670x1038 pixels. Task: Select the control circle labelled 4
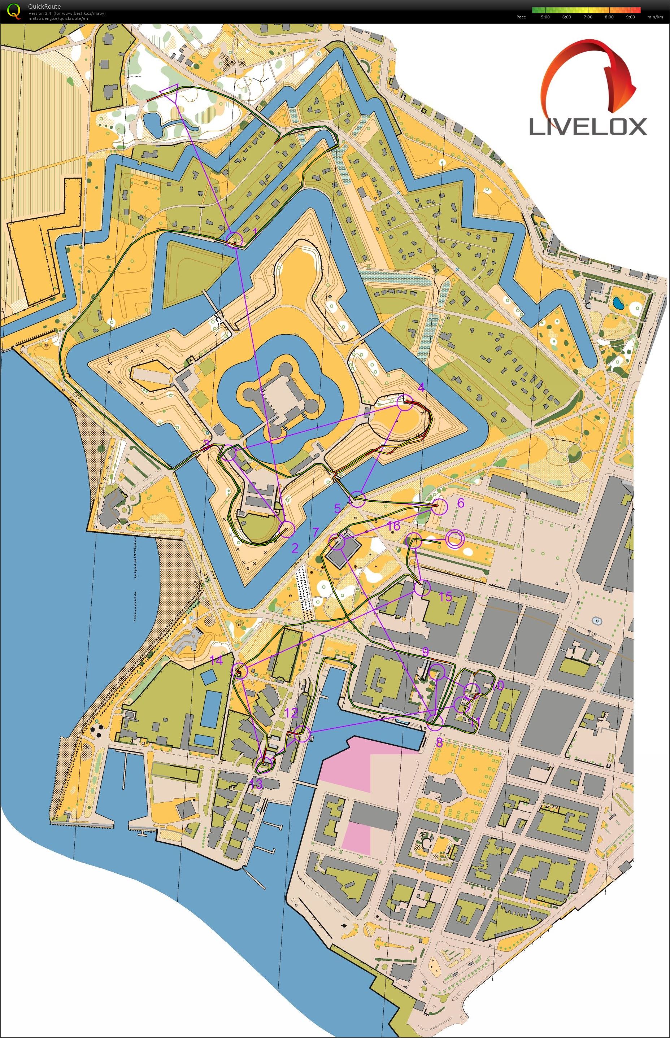click(405, 403)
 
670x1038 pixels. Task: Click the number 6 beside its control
click(461, 503)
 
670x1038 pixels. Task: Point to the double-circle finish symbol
click(454, 539)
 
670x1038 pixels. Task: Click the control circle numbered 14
click(239, 671)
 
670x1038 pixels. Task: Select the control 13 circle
click(265, 762)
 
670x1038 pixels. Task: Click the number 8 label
click(439, 743)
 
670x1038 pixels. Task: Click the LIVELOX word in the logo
click(587, 127)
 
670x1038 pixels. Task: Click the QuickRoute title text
click(44, 6)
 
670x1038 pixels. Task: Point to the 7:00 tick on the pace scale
click(588, 17)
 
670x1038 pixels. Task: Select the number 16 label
click(393, 526)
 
